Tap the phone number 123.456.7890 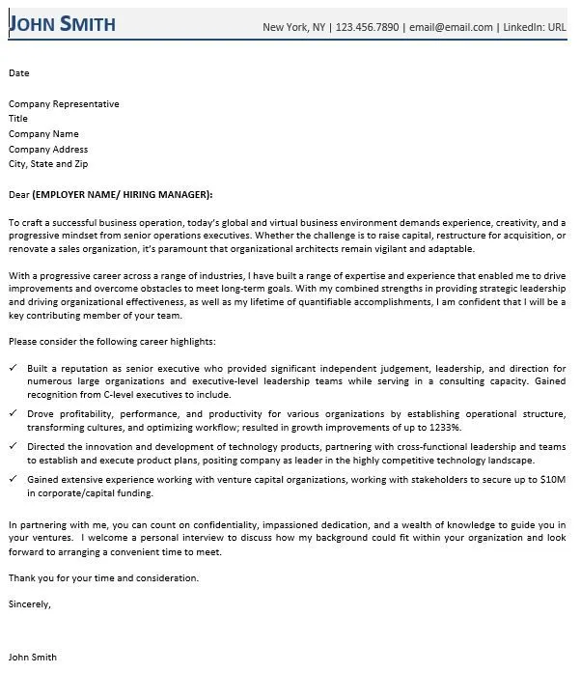coord(369,27)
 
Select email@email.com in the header coord(451,27)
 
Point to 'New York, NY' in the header coord(293,27)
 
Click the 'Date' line coord(19,72)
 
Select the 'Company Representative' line coord(64,103)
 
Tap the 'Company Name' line coord(43,134)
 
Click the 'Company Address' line coord(48,150)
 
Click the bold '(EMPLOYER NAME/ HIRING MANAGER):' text coord(123,194)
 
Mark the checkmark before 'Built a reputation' coord(13,369)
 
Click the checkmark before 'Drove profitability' coord(13,412)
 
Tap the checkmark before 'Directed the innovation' coord(13,447)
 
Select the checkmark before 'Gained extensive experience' coord(13,479)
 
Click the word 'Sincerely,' coord(30,604)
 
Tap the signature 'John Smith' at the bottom coord(33,657)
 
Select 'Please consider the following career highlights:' coord(112,342)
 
